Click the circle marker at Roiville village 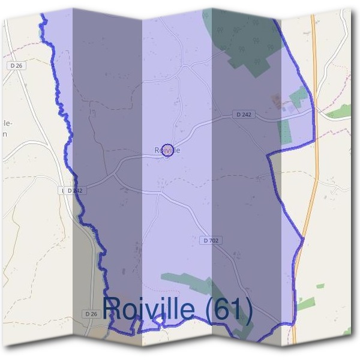169,151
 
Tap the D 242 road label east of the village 244,114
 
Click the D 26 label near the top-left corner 16,65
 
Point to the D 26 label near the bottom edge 91,314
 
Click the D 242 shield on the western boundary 73,190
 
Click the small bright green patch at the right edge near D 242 339,111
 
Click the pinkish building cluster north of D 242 277,100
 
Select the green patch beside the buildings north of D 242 298,97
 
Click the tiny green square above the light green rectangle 320,286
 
